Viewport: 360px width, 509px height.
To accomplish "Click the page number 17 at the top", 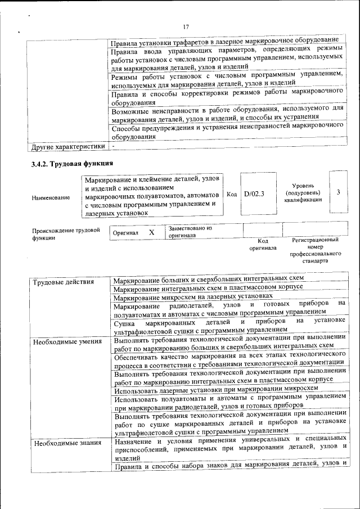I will click(x=186, y=27).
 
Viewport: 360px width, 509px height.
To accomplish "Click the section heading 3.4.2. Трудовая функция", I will click(x=72, y=164).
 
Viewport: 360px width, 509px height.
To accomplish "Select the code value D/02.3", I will click(x=254, y=193).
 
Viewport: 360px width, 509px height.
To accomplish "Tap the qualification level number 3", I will click(x=338, y=192).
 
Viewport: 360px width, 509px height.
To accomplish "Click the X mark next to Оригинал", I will click(x=151, y=232).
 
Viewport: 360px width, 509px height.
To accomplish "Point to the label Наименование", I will click(x=51, y=197).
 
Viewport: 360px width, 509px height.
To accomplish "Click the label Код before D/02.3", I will click(x=231, y=193).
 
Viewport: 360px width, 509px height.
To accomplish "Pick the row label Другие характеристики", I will click(x=68, y=146).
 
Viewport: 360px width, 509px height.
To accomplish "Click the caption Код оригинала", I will click(x=262, y=244).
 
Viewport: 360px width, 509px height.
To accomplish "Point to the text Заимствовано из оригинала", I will click(x=190, y=232).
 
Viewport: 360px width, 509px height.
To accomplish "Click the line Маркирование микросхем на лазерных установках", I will click(x=193, y=296).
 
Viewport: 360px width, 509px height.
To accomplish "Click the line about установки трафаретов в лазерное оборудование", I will click(x=224, y=40).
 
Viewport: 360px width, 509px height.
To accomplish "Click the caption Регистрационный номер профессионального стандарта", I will click(x=316, y=250).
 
